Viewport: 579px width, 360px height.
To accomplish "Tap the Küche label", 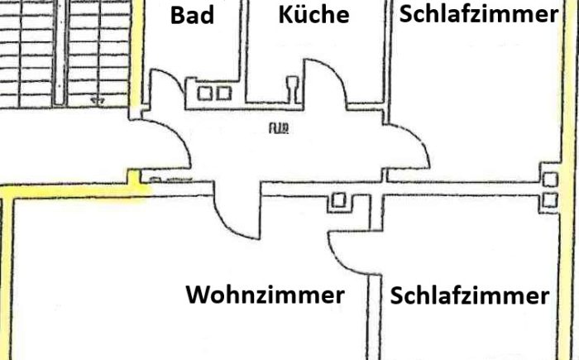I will [313, 15].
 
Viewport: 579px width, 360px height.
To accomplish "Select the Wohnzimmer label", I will [265, 295].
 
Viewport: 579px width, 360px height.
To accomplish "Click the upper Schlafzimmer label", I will [478, 14].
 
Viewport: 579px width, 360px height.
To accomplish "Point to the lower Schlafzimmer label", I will [469, 296].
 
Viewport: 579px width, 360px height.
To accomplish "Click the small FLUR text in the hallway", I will [277, 127].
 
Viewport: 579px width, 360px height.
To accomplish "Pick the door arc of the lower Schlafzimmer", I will [346, 252].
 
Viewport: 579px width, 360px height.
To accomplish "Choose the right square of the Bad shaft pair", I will [223, 93].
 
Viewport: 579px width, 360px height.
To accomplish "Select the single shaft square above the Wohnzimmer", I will [337, 200].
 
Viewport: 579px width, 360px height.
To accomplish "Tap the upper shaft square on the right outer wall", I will [549, 180].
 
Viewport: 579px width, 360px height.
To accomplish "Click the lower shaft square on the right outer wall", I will [549, 199].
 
